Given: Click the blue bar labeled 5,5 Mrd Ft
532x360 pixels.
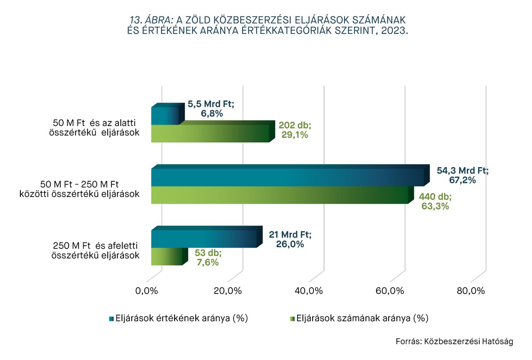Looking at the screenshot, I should point(165,116).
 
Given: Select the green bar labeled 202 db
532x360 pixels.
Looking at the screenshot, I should point(210,133).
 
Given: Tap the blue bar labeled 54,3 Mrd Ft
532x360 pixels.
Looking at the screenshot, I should point(287,178).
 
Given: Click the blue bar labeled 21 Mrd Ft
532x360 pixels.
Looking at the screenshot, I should point(204,239).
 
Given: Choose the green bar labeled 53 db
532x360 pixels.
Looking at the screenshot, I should point(166,256).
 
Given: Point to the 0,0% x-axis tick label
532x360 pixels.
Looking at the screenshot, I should point(147,291).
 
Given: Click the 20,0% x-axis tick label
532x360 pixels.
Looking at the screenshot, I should point(228,291).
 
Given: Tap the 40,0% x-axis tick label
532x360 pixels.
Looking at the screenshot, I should point(309,291).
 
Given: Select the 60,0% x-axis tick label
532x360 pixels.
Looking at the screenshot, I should point(390,291).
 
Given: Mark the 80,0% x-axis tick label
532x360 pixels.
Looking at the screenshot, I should point(471,291).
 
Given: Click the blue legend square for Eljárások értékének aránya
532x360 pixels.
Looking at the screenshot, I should point(111,319).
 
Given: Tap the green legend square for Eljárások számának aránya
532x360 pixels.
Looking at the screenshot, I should point(291,319).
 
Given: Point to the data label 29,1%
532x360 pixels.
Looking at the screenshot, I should point(295,135).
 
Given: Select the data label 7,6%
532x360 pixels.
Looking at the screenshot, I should point(207,262).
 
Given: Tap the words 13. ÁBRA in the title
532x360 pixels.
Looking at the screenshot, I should point(152,20).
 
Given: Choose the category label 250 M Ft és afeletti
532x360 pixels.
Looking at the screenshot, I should point(95,246).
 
